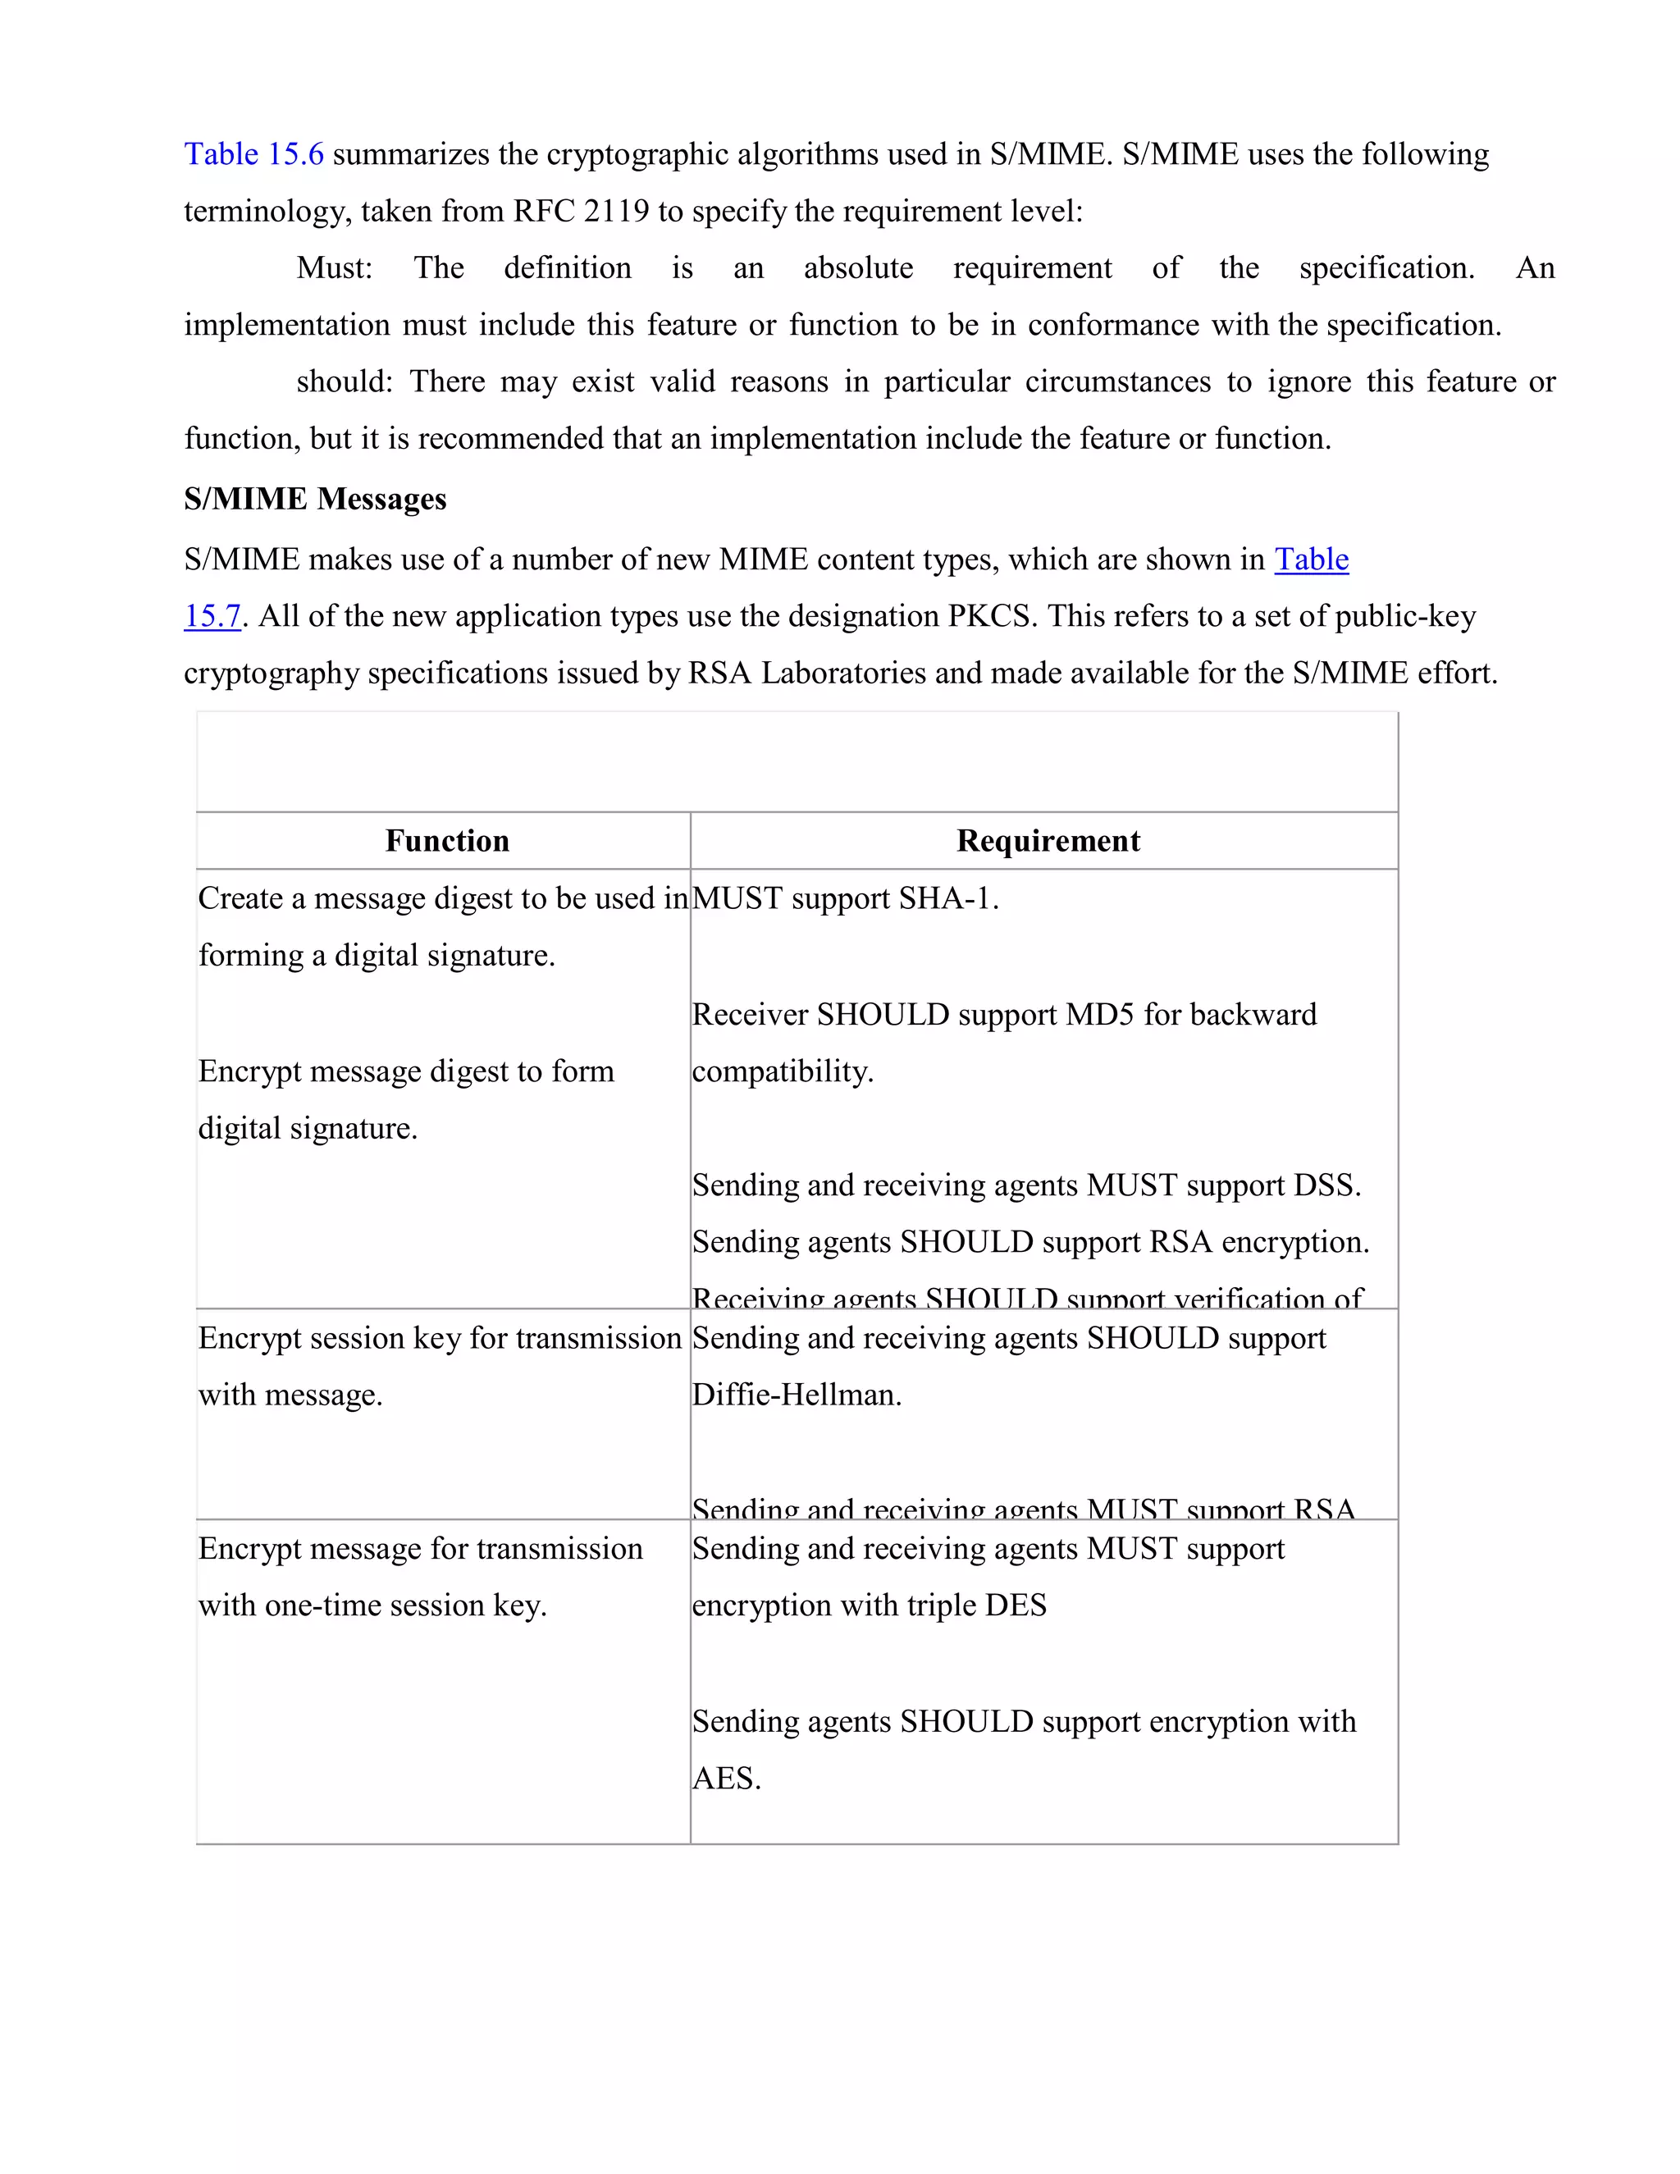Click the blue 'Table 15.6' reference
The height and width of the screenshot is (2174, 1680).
253,154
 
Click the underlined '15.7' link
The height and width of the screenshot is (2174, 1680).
212,616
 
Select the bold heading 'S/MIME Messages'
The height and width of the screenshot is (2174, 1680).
314,499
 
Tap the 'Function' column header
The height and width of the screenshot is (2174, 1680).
447,841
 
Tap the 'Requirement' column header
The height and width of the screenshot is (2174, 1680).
1048,841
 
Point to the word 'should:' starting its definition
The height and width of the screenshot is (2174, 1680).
345,381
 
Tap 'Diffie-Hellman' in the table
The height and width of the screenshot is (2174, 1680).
797,1395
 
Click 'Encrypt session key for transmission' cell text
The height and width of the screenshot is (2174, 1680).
439,1338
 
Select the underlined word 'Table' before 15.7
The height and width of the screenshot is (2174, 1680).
1311,559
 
